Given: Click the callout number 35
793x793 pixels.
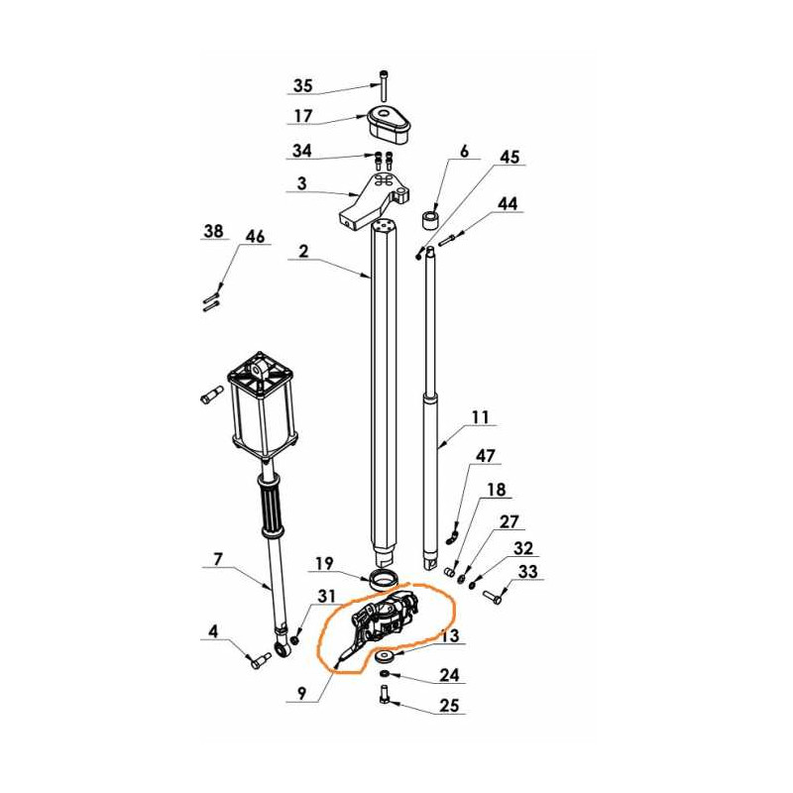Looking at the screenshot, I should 303,84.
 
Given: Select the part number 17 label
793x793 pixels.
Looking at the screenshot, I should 302,116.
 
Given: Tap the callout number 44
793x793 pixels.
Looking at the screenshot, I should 508,203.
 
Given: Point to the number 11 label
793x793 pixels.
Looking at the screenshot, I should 480,417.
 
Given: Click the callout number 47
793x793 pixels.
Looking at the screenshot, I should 485,456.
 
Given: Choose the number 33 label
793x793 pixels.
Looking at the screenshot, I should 526,572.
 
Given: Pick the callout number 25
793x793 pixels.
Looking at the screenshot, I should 450,706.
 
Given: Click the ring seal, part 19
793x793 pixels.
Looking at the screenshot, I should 385,579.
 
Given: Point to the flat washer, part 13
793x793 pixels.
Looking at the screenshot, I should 385,656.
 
